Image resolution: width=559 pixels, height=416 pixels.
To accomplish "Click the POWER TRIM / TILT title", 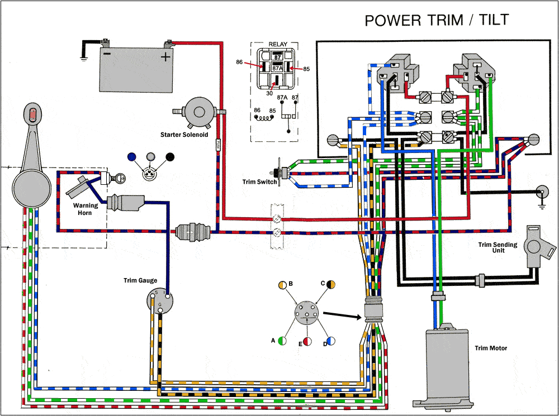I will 437,20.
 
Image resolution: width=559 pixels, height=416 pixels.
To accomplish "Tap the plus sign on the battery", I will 165,58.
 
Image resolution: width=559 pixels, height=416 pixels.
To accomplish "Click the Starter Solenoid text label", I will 184,135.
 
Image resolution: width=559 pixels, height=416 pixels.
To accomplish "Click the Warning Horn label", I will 86,209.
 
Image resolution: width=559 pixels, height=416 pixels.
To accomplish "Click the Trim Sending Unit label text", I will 498,247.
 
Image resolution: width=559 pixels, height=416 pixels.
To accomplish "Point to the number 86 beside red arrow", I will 239,63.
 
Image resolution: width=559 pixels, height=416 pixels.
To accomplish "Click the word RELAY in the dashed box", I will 278,44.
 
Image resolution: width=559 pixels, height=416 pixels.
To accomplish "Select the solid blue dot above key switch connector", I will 132,157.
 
